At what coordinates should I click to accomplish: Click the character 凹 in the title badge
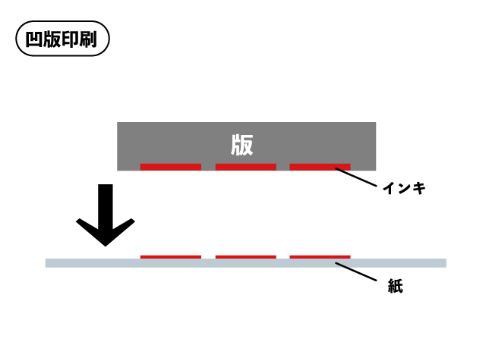tap(34, 39)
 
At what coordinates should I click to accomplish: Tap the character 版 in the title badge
tap(52, 39)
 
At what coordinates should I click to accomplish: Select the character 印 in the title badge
tap(71, 39)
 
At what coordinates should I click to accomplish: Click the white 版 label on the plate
tap(242, 144)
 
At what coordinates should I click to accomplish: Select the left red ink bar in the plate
tap(171, 166)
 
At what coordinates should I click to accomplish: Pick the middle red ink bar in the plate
tap(245, 166)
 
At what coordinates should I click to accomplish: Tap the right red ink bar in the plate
tap(320, 166)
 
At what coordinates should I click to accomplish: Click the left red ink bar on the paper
tap(171, 257)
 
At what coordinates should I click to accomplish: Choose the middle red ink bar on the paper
tap(245, 257)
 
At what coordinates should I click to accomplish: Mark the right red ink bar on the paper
tap(320, 257)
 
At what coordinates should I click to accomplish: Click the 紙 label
tap(395, 286)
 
